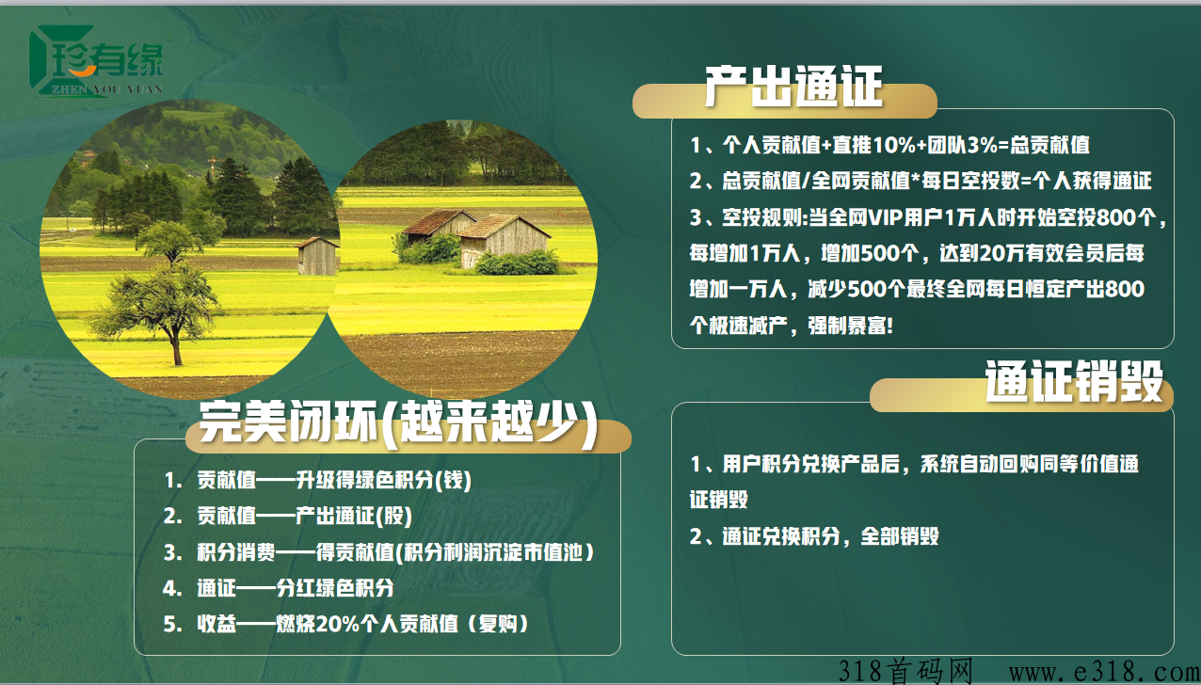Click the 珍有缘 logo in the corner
pyautogui.click(x=97, y=60)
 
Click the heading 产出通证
pyautogui.click(x=793, y=87)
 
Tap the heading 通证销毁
pyautogui.click(x=1074, y=382)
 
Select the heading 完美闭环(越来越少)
pyautogui.click(x=398, y=422)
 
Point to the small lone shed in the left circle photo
pyautogui.click(x=317, y=256)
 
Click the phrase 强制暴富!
pyautogui.click(x=851, y=326)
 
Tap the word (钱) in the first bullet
pyautogui.click(x=453, y=480)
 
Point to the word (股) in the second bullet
pyautogui.click(x=393, y=516)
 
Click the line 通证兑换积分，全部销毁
pyautogui.click(x=830, y=536)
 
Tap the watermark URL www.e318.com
pyautogui.click(x=1104, y=672)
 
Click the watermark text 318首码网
pyautogui.click(x=905, y=671)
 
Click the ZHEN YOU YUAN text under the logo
pyautogui.click(x=106, y=89)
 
